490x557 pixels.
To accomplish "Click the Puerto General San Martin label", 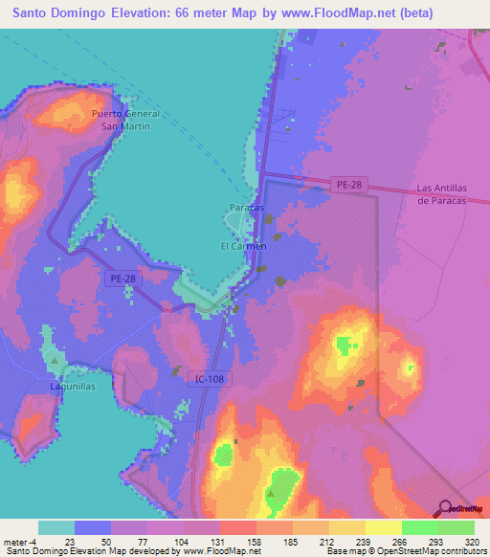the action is click(x=122, y=120).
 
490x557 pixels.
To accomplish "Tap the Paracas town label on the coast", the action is click(x=247, y=208).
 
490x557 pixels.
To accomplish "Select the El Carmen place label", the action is click(x=243, y=246).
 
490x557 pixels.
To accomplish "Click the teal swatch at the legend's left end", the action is click(x=56, y=527).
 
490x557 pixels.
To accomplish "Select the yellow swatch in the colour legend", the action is click(x=383, y=527).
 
